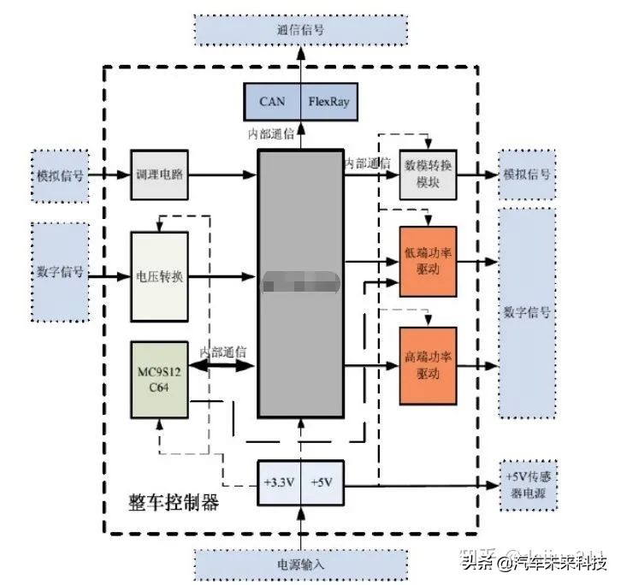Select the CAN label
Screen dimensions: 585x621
tap(273, 102)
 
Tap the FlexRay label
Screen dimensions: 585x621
tap(329, 102)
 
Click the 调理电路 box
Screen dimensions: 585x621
tap(158, 174)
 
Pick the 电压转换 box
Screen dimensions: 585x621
tap(158, 276)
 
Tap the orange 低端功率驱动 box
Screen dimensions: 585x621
tap(428, 261)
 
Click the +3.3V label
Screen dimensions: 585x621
tap(279, 483)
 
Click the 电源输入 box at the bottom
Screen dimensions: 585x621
tap(300, 564)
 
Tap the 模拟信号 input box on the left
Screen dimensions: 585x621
tap(60, 174)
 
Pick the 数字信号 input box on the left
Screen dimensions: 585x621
tap(60, 272)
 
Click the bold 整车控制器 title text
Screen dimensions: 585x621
tap(174, 502)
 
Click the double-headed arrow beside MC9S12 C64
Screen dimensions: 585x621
tap(222, 366)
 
